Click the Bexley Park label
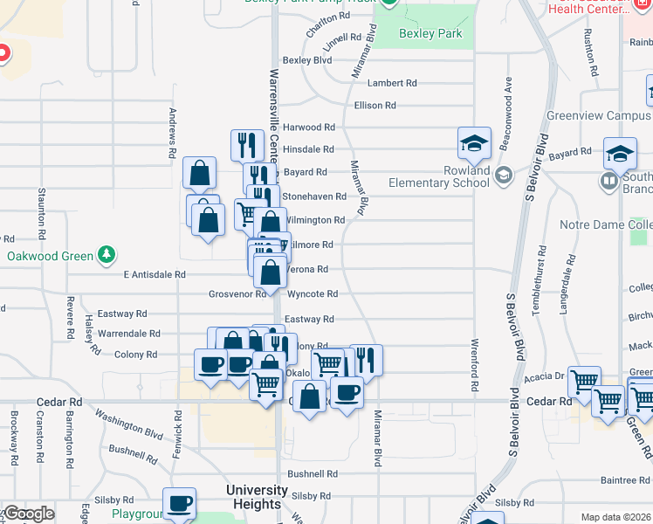click(429, 34)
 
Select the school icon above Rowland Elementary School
click(474, 143)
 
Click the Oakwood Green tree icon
click(107, 254)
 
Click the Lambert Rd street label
click(391, 83)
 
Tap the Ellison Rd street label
click(375, 106)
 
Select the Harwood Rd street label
click(308, 128)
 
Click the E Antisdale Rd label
click(155, 274)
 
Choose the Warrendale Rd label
click(129, 334)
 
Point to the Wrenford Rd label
click(476, 364)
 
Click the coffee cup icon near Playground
click(180, 503)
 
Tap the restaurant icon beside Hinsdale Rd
click(247, 145)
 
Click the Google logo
click(29, 514)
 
